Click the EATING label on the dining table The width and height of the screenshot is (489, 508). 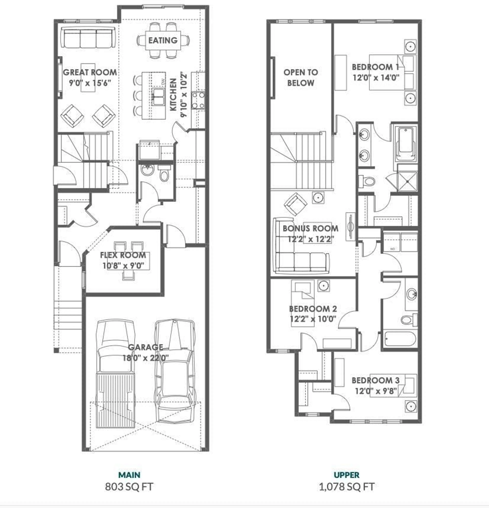[x=163, y=40]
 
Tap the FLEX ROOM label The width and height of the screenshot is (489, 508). [x=123, y=255]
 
